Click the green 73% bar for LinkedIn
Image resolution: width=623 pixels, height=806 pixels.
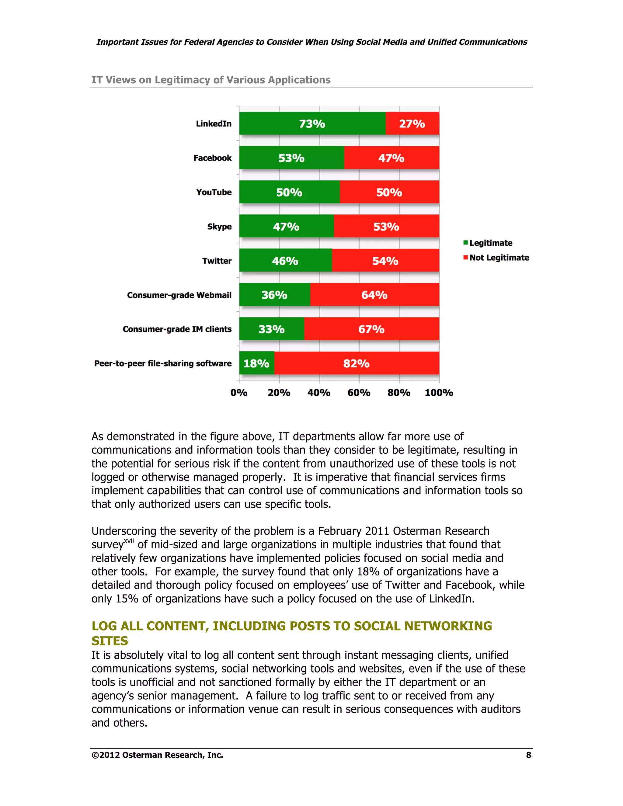(312, 123)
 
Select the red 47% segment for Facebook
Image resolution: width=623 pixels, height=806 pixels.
(391, 158)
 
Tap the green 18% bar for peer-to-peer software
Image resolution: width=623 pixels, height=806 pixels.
(256, 363)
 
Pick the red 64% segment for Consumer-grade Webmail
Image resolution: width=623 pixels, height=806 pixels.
(374, 295)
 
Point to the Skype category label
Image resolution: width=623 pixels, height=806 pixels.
(219, 227)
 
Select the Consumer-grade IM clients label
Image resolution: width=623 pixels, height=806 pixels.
(177, 329)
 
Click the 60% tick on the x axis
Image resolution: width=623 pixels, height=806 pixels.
(359, 393)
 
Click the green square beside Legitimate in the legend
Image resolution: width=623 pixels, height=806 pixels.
(466, 242)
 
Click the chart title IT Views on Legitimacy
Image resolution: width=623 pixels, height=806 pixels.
(211, 80)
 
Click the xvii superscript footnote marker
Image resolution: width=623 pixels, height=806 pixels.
(128, 541)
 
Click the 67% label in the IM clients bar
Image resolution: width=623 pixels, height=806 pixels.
(371, 329)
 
